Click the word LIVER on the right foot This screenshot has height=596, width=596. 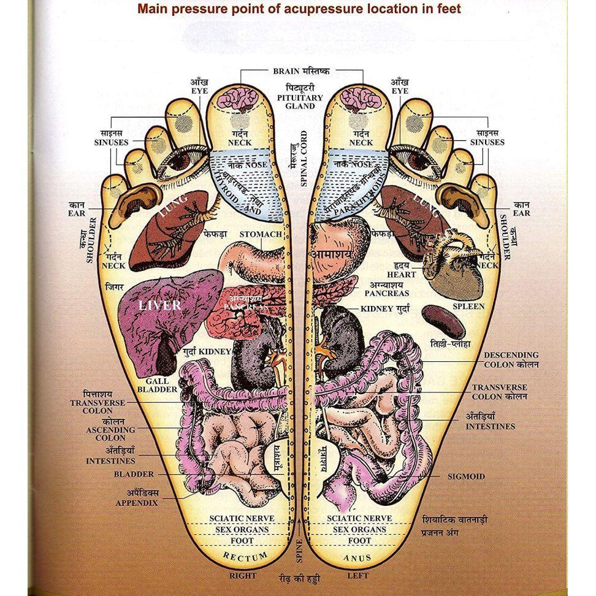159,305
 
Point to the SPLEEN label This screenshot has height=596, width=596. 468,306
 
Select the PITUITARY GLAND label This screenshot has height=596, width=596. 299,97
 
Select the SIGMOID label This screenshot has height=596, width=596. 466,476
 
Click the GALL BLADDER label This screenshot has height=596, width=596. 157,385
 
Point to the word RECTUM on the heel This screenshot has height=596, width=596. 245,557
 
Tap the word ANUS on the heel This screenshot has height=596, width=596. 357,558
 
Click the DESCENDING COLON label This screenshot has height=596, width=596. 511,359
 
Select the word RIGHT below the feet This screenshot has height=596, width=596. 242,576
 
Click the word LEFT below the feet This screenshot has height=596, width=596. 357,576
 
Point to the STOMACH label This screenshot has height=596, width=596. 261,234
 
